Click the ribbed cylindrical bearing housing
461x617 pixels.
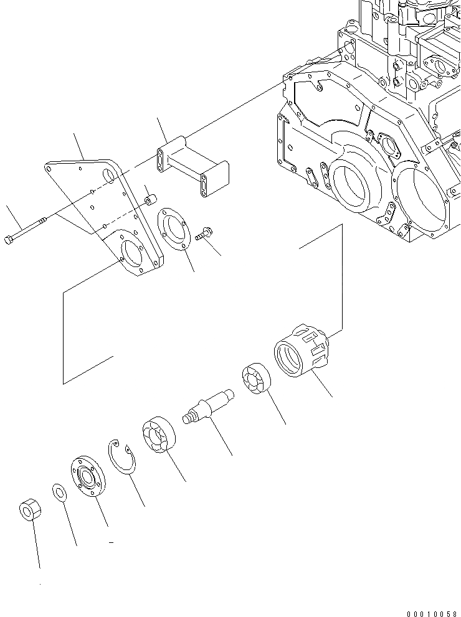(302, 350)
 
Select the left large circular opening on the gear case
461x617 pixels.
(353, 184)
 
